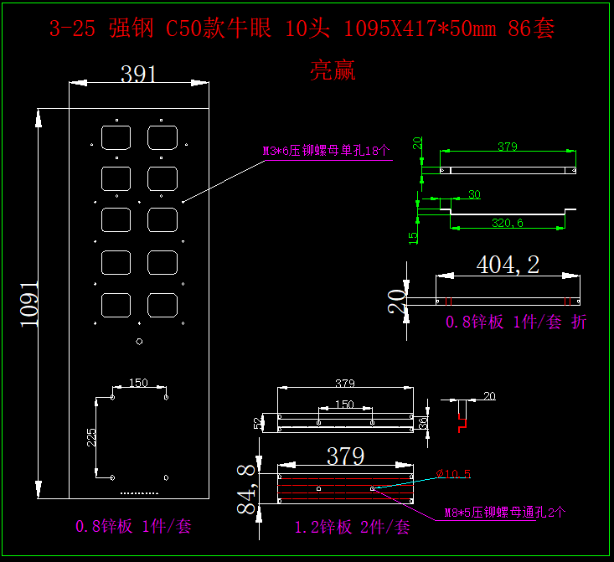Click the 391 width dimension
coord(139,75)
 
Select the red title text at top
coord(302,29)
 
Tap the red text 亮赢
coord(333,70)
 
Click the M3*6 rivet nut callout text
coord(326,152)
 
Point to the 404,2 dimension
coord(508,265)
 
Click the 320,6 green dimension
coord(506,223)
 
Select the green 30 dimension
coord(474,195)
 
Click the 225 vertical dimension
coord(91,437)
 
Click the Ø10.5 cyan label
coord(454,475)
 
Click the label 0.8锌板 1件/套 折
coord(516,322)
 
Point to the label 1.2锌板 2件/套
coord(352,527)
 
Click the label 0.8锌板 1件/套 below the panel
coord(134,527)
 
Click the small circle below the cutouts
coord(139,341)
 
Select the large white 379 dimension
coord(345,456)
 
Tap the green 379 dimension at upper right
coord(507,147)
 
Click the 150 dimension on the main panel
coord(138,383)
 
